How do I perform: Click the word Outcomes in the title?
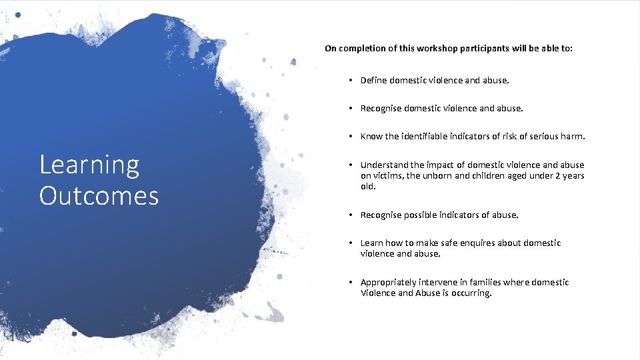click(99, 195)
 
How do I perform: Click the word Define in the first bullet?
click(375, 80)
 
